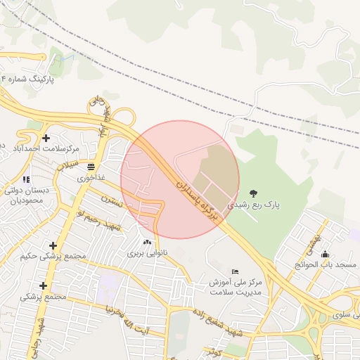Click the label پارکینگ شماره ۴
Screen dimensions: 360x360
(27, 80)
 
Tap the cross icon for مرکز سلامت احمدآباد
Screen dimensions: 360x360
(46, 138)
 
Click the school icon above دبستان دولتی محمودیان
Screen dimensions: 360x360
(27, 179)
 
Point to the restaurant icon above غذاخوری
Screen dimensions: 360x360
(91, 167)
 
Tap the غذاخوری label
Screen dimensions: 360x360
(91, 178)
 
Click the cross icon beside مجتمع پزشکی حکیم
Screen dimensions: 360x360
(53, 245)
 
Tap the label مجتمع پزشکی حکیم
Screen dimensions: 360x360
(53, 256)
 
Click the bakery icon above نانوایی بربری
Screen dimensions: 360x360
(146, 242)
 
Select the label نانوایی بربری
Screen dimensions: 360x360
(146, 252)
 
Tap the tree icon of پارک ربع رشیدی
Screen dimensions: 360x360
(253, 193)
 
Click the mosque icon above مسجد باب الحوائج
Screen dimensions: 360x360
(325, 255)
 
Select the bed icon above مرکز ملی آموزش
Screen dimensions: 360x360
(235, 271)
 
